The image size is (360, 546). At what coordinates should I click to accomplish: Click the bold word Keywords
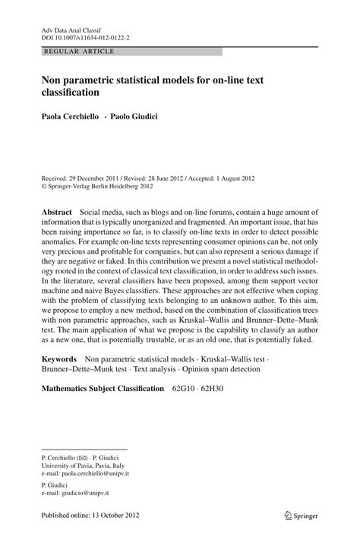point(58,357)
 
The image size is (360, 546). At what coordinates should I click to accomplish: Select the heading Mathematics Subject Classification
point(103,389)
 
